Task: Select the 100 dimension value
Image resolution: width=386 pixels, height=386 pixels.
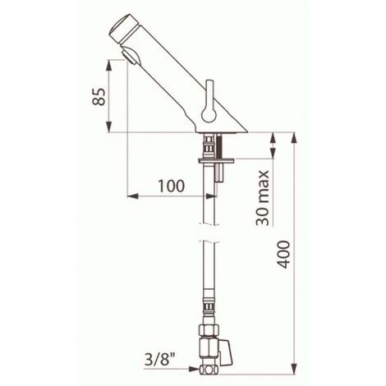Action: (170, 185)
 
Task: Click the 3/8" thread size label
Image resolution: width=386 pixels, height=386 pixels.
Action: (157, 359)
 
